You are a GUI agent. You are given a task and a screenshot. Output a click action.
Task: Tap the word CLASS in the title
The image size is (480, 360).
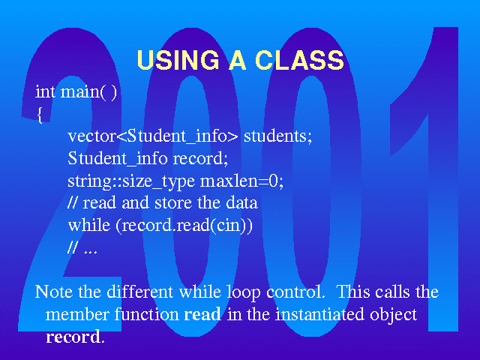[x=299, y=59]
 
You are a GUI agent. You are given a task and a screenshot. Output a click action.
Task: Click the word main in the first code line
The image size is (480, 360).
[x=80, y=91]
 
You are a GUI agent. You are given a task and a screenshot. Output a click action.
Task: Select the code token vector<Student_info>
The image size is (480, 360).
[x=152, y=136]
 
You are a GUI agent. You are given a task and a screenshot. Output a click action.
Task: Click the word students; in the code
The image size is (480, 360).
[x=277, y=136]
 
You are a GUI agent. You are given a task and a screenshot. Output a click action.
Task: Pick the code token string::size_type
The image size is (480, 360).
[x=131, y=181]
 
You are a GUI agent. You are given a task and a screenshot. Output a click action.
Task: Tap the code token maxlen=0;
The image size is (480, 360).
[x=241, y=181]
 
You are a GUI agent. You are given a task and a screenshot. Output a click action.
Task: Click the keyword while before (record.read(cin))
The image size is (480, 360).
[x=88, y=225]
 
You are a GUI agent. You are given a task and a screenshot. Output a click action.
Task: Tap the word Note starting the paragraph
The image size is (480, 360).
[x=53, y=292]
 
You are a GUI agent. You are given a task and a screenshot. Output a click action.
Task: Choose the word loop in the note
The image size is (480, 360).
[x=244, y=292]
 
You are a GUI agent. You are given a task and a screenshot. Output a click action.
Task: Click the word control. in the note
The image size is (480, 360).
[x=295, y=292]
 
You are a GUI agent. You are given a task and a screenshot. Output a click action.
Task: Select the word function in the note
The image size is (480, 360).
[x=147, y=314]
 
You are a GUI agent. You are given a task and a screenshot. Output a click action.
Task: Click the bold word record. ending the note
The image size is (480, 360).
[x=75, y=337]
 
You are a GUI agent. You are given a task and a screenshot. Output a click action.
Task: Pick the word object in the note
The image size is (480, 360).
[x=393, y=315]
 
